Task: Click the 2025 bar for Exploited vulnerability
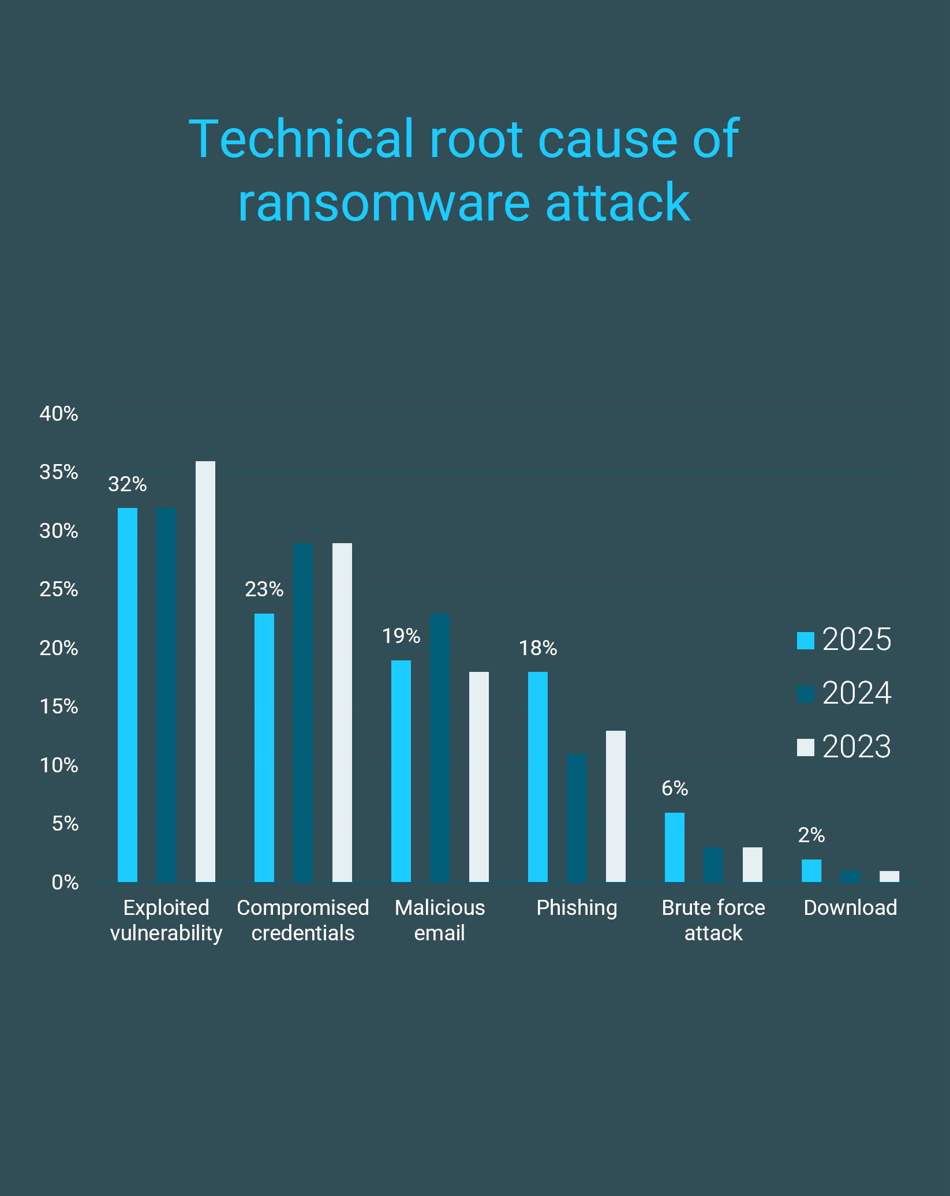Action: pos(128,695)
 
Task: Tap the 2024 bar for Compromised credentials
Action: pos(303,712)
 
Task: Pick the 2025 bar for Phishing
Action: pos(538,777)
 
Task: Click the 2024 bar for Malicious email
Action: pos(440,747)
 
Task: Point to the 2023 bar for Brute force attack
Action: pos(753,865)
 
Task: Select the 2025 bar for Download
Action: pos(811,870)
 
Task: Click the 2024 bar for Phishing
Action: pos(577,818)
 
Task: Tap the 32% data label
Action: pos(128,484)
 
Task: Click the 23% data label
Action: pos(264,589)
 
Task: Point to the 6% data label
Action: pos(675,788)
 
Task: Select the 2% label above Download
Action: pos(811,835)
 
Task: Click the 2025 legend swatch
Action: pos(806,641)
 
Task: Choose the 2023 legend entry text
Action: pos(857,747)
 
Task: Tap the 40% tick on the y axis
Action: pos(59,414)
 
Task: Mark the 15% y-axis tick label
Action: pos(59,707)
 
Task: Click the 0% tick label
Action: pos(65,883)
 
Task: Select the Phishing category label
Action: pos(577,908)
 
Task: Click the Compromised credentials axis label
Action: pos(303,920)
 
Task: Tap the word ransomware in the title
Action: pos(384,203)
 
